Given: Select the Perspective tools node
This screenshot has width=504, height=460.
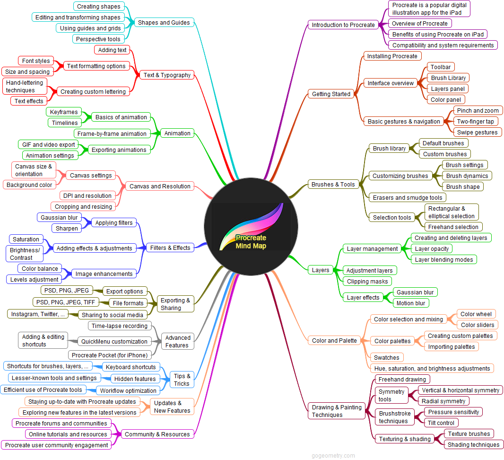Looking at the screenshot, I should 98,39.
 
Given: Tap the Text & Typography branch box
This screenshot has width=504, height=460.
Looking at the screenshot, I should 167,75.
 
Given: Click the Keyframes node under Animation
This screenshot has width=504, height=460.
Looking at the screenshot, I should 64,112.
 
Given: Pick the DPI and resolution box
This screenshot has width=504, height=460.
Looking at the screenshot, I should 87,195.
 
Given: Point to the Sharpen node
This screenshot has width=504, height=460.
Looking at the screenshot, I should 67,228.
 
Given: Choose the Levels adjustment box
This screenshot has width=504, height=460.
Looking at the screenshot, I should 34,279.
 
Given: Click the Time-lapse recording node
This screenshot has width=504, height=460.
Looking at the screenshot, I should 120,326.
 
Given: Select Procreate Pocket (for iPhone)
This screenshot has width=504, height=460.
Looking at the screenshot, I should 110,355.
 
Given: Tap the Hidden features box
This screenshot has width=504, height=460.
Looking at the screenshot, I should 135,379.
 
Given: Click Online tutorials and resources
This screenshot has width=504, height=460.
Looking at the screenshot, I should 68,434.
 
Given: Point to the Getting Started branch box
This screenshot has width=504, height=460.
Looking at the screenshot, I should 331,94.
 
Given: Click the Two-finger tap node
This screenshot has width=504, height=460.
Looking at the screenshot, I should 475,121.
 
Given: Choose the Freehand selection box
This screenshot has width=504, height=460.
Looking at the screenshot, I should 453,227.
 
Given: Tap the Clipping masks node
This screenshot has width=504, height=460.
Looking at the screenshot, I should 367,281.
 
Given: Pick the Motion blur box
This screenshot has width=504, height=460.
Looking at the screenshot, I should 411,303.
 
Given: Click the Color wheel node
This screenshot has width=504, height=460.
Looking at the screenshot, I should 476,314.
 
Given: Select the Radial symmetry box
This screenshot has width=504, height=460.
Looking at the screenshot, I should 443,401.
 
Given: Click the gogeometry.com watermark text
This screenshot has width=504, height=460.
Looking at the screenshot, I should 333,456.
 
